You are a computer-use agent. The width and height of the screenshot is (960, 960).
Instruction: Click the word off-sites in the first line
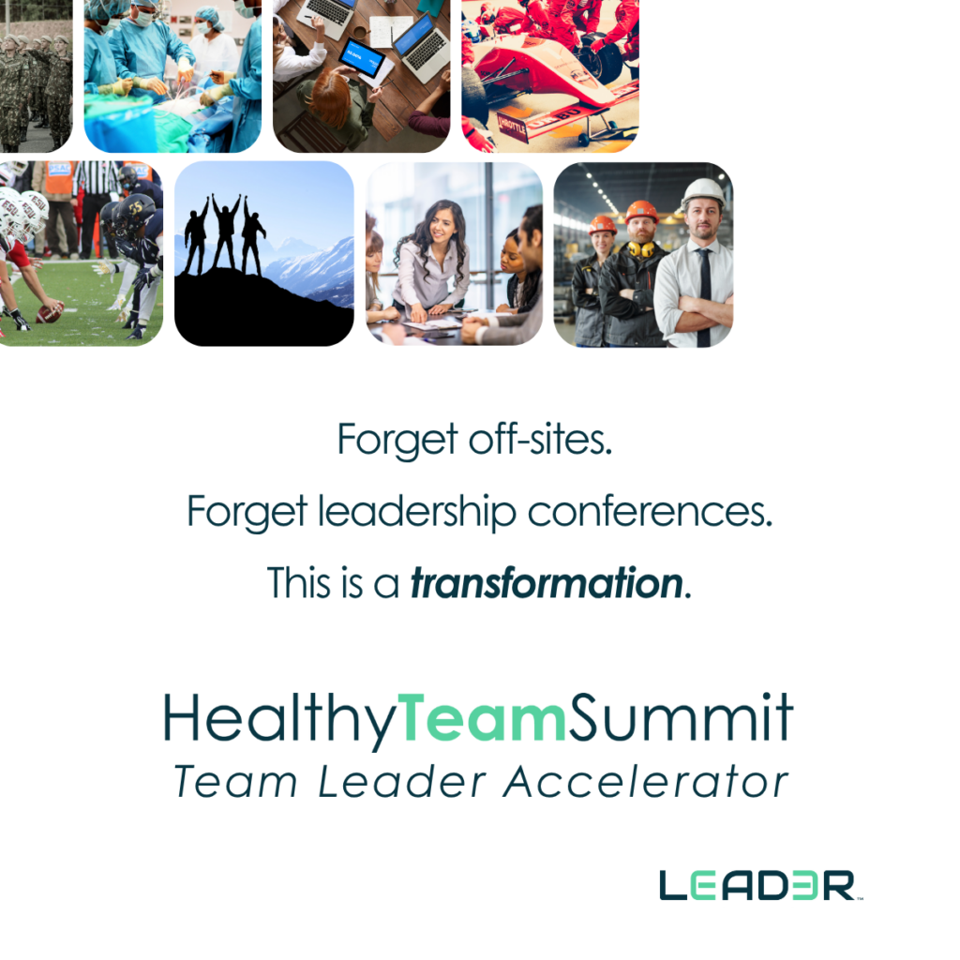pos(541,439)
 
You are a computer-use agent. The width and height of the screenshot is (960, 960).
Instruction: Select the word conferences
pos(651,512)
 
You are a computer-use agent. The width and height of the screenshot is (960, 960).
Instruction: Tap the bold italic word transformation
pos(547,582)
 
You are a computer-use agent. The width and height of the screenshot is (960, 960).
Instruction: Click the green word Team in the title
pos(483,717)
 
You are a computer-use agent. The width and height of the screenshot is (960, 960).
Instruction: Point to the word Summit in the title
pos(682,717)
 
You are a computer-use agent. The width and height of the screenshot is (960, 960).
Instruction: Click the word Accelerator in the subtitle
pos(646,782)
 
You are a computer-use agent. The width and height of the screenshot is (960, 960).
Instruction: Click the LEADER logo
pos(759,885)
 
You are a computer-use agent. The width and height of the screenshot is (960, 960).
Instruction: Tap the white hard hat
pos(703,192)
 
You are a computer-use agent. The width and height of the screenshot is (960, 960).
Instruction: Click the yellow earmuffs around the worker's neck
pos(640,248)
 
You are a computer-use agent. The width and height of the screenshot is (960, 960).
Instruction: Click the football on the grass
pos(49,313)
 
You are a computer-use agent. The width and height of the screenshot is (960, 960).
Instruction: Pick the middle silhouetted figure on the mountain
pos(225,232)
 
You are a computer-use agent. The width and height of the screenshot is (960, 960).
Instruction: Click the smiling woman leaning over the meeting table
pos(431,257)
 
